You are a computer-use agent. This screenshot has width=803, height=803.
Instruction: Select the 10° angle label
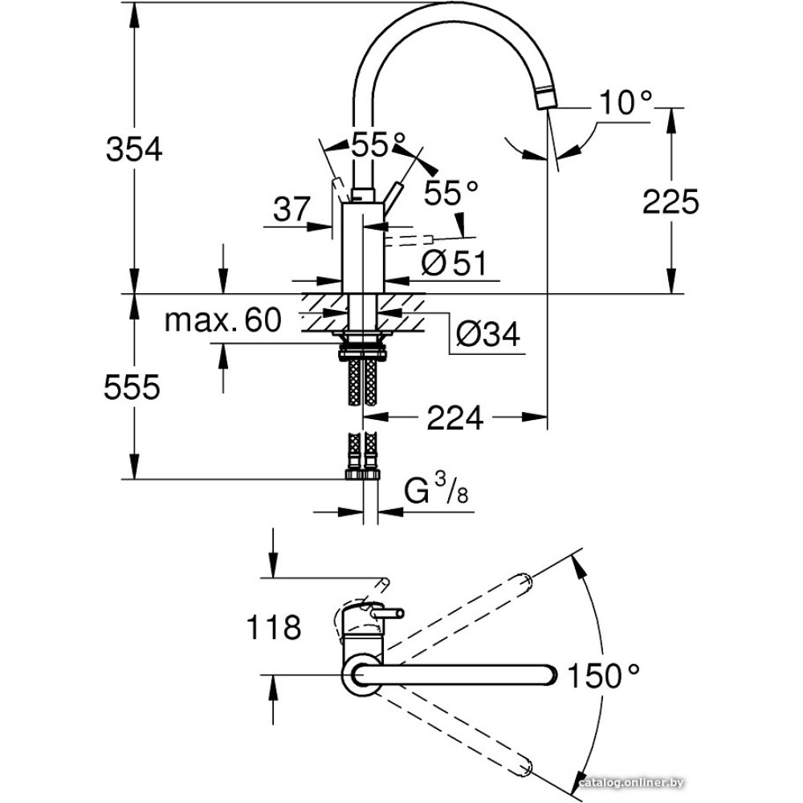click(x=626, y=102)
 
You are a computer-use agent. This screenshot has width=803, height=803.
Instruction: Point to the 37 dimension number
click(x=290, y=210)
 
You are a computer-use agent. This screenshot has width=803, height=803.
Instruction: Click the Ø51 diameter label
click(x=454, y=263)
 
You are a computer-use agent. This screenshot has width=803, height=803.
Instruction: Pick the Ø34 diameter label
click(x=488, y=335)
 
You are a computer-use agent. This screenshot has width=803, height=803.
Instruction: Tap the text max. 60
click(x=222, y=321)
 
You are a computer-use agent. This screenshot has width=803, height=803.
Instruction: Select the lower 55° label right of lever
click(x=450, y=192)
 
